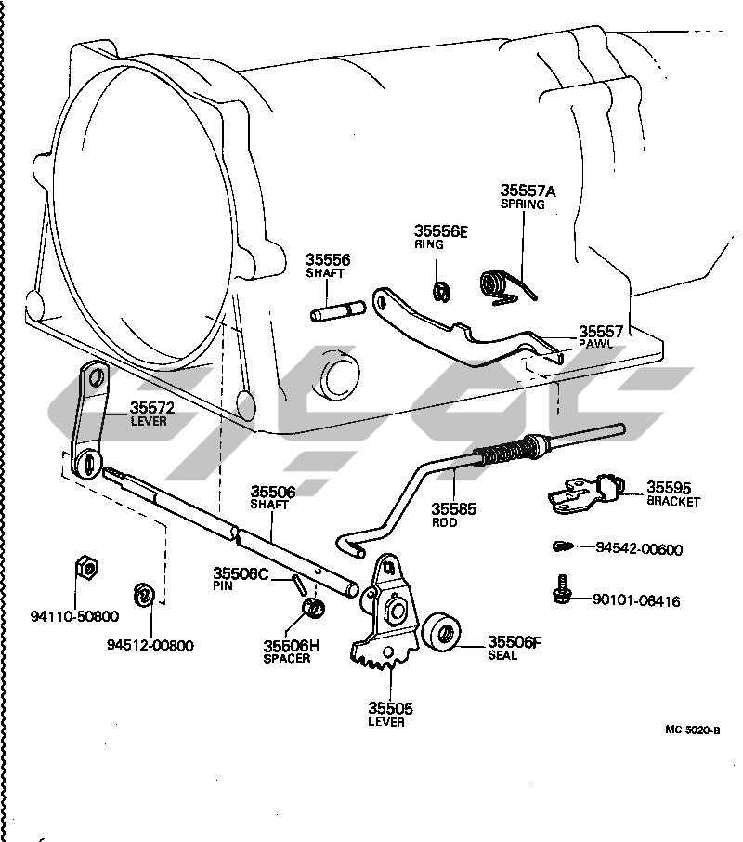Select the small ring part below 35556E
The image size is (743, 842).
tap(442, 290)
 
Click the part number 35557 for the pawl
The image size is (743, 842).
tap(601, 331)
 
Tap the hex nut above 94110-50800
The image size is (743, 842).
tap(86, 568)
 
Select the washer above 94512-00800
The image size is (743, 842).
tap(145, 594)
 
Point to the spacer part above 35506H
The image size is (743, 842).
tap(315, 609)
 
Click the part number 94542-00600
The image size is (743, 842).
tap(638, 549)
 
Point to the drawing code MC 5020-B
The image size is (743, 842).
tap(692, 730)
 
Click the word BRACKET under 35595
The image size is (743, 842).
tap(673, 502)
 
